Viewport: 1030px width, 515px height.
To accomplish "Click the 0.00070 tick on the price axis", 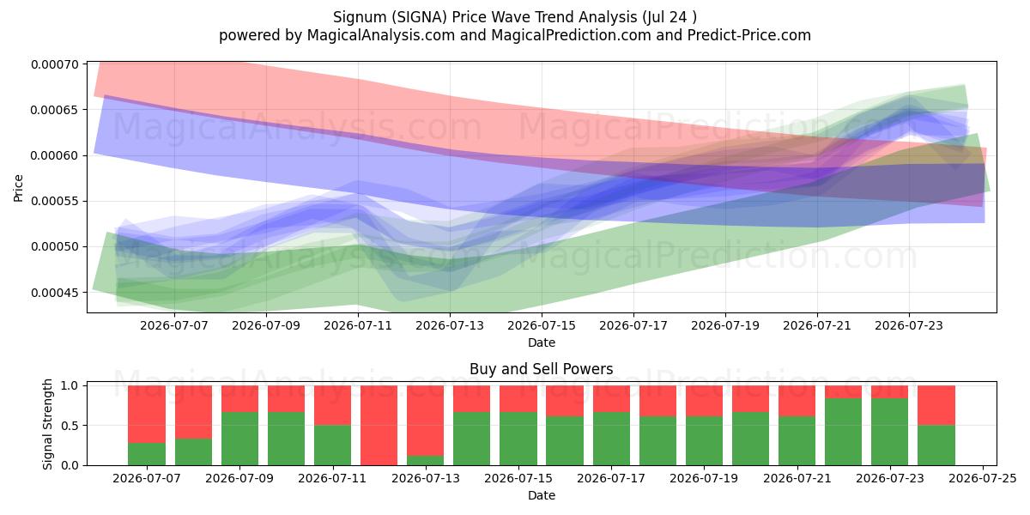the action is (x=55, y=64).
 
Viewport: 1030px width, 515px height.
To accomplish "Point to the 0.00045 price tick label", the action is (x=55, y=293).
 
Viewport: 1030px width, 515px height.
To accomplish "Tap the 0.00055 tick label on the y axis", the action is (x=55, y=202).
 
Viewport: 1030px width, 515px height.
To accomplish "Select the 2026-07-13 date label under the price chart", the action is (x=450, y=325).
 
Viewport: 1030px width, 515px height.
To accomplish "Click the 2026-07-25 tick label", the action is (x=983, y=478).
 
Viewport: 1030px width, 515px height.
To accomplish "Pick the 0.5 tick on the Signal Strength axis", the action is (x=70, y=426).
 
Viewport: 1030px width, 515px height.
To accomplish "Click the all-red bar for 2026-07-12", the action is (x=379, y=426).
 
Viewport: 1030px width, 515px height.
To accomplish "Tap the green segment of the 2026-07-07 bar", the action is (x=147, y=454).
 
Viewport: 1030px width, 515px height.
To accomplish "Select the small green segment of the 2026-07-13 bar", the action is (x=426, y=460).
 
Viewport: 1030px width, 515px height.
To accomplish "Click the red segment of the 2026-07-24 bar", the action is (x=936, y=405).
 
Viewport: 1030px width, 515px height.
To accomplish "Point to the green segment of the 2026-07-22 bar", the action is (x=843, y=432).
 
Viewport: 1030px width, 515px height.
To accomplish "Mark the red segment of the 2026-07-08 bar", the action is (x=194, y=412).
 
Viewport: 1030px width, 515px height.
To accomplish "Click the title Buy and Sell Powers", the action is (x=542, y=369).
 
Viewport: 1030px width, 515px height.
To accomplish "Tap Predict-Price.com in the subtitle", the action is (x=749, y=35).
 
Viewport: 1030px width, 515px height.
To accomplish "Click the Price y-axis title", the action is (x=18, y=188).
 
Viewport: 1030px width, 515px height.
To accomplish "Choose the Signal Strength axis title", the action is (x=47, y=424).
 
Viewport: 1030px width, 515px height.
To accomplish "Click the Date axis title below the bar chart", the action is (x=542, y=495).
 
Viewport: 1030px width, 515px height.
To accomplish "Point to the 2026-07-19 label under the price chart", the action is (x=725, y=325).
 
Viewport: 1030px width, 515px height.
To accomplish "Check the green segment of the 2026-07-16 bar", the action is (x=565, y=441).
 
